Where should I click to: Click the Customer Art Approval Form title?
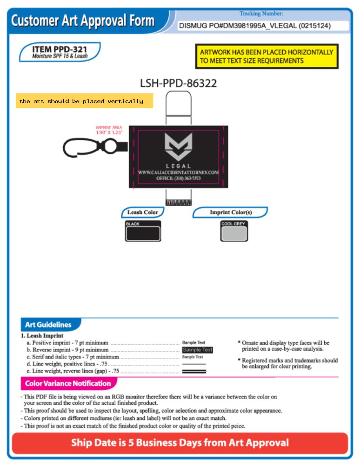click(83, 21)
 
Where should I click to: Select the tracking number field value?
click(255, 25)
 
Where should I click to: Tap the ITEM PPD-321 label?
click(60, 52)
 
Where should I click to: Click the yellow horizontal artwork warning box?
click(267, 56)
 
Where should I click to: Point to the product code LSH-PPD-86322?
click(178, 83)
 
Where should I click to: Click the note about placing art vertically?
click(84, 101)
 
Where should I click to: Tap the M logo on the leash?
click(178, 146)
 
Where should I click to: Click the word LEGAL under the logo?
click(178, 166)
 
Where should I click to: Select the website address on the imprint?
click(178, 172)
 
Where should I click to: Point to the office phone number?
click(178, 178)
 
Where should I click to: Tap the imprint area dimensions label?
click(109, 130)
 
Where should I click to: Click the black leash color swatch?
click(143, 231)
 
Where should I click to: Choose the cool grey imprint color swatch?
click(234, 231)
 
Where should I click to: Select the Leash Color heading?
click(143, 212)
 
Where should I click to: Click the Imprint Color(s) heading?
click(231, 212)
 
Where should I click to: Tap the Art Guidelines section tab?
click(48, 324)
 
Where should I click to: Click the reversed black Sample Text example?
click(198, 350)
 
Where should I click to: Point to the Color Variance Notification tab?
click(68, 383)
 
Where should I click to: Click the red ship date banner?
click(180, 443)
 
